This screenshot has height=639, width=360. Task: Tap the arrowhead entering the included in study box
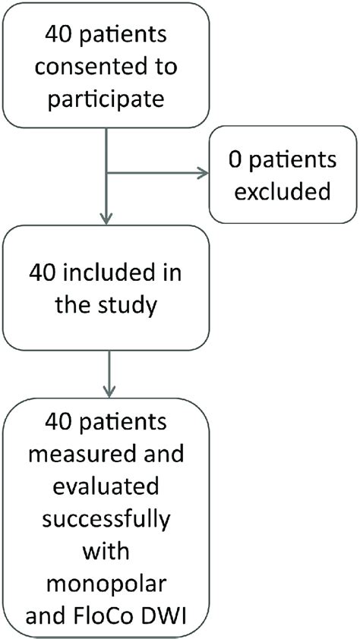pyautogui.click(x=109, y=219)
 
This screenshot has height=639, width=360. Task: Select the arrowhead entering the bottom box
pyautogui.click(x=109, y=390)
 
